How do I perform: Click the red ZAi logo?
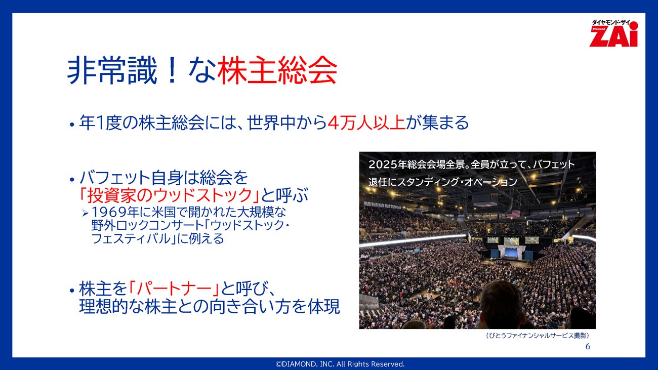pyautogui.click(x=613, y=33)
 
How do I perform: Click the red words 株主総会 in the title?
pyautogui.click(x=277, y=70)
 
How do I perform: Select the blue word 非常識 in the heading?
pyautogui.click(x=112, y=70)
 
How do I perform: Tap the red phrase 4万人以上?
pyautogui.click(x=366, y=122)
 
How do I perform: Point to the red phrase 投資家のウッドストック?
pyautogui.click(x=170, y=195)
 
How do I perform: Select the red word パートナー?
pyautogui.click(x=174, y=289)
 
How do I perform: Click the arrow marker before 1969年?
pyautogui.click(x=85, y=213)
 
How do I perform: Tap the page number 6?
pyautogui.click(x=588, y=347)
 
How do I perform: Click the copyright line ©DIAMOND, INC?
pyautogui.click(x=340, y=364)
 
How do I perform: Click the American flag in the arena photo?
pyautogui.click(x=513, y=214)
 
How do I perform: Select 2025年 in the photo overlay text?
pyautogui.click(x=388, y=164)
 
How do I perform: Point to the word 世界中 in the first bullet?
pyautogui.click(x=271, y=122)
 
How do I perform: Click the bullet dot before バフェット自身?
pyautogui.click(x=72, y=179)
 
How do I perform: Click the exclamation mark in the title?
pyautogui.click(x=173, y=70)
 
